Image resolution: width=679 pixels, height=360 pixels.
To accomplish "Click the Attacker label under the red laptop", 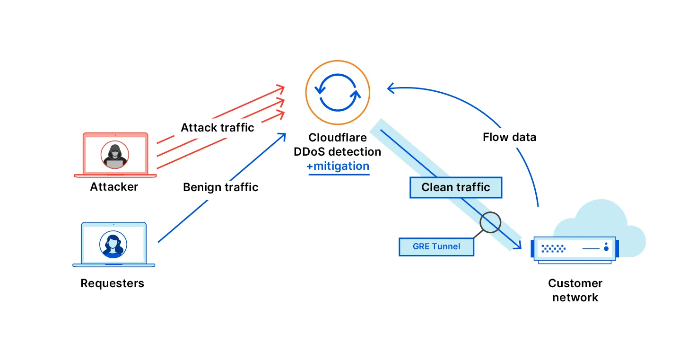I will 114,187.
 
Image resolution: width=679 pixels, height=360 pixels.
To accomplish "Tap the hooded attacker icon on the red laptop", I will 114,155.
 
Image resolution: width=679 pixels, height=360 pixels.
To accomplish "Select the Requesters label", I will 112,283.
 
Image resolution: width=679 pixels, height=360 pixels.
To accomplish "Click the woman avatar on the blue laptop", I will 113,244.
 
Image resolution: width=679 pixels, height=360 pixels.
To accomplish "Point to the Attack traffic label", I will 217,128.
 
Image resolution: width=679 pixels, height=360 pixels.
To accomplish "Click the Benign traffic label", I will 220,187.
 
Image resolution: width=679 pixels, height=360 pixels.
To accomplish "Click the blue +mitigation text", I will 338,167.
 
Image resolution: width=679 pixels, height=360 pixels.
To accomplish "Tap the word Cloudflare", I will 338,138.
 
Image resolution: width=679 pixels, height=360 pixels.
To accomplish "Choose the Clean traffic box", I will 455,187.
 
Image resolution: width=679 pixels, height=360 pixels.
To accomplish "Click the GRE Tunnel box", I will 436,246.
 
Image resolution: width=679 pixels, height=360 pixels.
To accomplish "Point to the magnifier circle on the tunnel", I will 490,222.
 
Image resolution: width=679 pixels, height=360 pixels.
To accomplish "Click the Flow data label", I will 509,137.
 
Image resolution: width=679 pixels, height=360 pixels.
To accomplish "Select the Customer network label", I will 575,290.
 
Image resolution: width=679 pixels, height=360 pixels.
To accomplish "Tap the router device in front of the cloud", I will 575,248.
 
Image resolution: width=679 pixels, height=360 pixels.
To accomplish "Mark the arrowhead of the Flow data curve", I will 390,88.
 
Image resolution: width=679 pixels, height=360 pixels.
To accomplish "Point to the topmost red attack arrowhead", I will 281,88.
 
